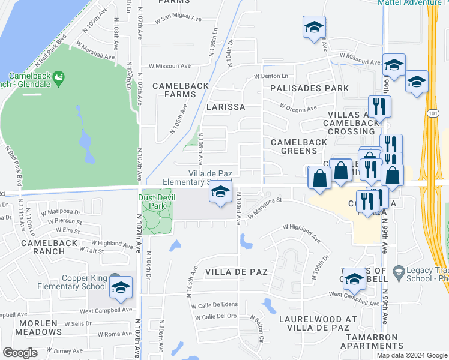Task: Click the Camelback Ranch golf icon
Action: pos(58,77)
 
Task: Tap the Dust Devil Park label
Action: pos(152,202)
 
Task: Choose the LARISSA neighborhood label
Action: pos(226,107)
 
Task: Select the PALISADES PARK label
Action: pos(309,88)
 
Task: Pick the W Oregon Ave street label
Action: pos(298,108)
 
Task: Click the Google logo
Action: pos(20,353)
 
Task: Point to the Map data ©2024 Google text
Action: pos(412,355)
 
